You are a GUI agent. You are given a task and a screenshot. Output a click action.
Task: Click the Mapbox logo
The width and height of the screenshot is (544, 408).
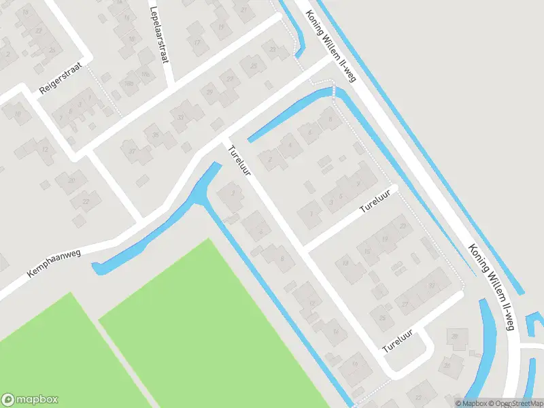click(x=30, y=400)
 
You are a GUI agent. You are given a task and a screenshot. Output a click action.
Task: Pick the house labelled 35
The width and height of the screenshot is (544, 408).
click(x=154, y=135)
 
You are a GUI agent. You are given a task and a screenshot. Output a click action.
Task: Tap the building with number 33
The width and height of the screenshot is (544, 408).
click(x=180, y=117)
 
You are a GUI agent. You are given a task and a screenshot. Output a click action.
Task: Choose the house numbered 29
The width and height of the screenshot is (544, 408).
click(x=210, y=92)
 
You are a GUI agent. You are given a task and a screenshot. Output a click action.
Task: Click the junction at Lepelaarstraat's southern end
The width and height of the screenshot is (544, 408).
click(x=170, y=86)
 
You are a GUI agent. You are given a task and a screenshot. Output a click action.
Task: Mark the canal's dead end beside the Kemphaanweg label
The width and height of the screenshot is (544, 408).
click(x=98, y=269)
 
